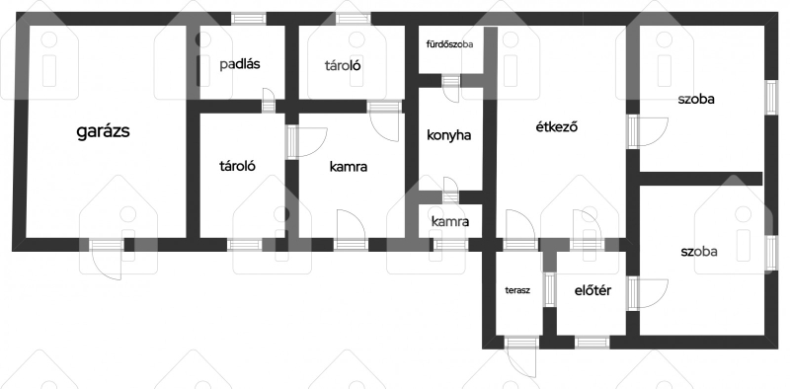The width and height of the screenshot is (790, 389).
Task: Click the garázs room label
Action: (x=104, y=131)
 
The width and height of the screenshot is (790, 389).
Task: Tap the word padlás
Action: (x=240, y=64)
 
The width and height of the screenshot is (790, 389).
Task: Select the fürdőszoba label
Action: (x=450, y=44)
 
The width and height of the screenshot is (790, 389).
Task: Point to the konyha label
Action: (x=449, y=135)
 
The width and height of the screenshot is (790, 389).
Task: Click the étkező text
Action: (x=556, y=127)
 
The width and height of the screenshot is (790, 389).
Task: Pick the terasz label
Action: (x=517, y=290)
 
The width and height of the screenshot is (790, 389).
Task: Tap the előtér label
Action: (x=593, y=290)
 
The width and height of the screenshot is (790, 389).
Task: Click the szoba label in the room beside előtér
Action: (x=699, y=252)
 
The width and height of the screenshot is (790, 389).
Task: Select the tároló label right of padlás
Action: (x=343, y=65)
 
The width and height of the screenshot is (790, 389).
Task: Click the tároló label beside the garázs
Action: (x=237, y=166)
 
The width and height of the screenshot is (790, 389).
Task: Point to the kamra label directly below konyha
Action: (x=450, y=221)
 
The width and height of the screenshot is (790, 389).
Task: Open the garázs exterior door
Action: (x=107, y=259)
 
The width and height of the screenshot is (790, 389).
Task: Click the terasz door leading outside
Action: (x=521, y=356)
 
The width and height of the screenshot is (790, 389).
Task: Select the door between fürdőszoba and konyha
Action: (x=451, y=89)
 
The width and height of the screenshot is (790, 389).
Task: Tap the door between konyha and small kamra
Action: (x=450, y=191)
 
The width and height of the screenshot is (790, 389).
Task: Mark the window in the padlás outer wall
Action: (x=249, y=19)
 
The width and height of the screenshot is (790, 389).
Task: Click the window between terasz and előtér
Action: (x=550, y=289)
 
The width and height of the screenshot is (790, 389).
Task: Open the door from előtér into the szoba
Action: (x=648, y=293)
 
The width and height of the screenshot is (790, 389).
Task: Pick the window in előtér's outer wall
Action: (x=592, y=343)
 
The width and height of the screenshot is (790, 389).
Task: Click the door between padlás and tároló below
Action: (x=269, y=101)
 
